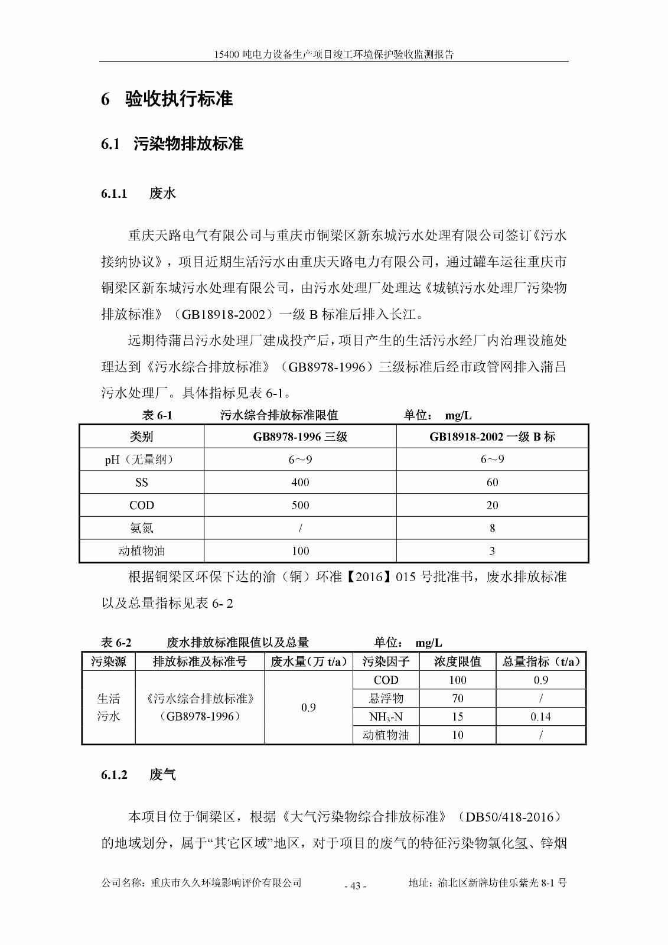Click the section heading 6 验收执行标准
[167, 99]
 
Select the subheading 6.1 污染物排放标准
[172, 144]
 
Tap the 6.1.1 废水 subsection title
[139, 193]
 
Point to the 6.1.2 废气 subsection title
[139, 775]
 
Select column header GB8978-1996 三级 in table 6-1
[300, 436]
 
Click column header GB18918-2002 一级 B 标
[492, 436]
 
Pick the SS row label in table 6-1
[142, 483]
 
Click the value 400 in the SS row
[300, 483]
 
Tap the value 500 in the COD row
[300, 506]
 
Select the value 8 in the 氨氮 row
[492, 528]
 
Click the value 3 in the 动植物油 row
[492, 551]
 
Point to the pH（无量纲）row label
[142, 460]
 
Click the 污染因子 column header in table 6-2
[386, 661]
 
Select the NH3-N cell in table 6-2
[386, 717]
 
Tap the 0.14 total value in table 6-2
[540, 717]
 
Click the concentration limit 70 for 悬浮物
[457, 699]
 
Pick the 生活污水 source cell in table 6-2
[109, 708]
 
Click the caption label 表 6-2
[116, 643]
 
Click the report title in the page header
[334, 54]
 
